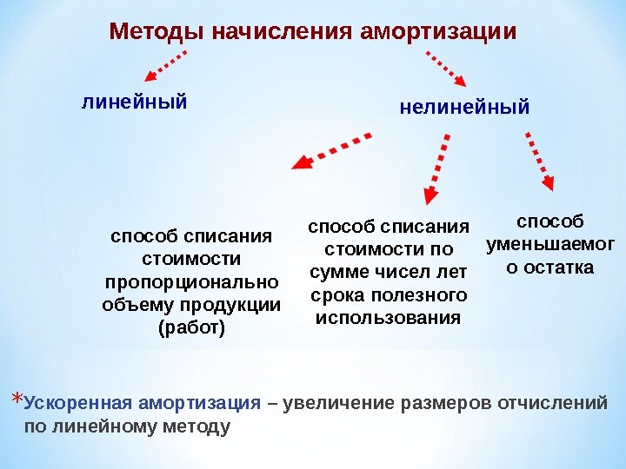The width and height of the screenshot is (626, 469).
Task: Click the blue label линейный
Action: (134, 102)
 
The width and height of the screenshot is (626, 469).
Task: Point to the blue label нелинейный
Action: (464, 109)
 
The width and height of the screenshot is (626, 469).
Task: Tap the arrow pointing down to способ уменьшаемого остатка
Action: (540, 160)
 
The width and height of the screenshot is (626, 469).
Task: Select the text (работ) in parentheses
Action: (191, 327)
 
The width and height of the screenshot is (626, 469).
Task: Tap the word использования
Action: (388, 317)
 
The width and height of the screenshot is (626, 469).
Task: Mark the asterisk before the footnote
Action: (17, 404)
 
